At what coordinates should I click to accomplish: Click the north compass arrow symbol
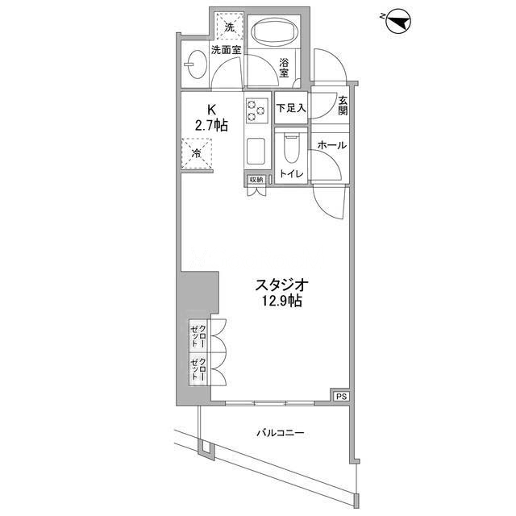coord(397,22)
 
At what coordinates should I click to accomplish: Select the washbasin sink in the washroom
coord(195,64)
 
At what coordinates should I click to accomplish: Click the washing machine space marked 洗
coord(229,27)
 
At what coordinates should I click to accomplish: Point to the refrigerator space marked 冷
coord(197,153)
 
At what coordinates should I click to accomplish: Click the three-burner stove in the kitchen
coord(256,110)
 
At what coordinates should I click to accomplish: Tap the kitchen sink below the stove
coord(256,151)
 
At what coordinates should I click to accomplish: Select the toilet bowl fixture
coord(291,148)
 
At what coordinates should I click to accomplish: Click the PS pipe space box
coord(341,397)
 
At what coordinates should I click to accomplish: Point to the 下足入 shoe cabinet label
coord(291,108)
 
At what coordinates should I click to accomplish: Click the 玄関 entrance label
coord(343,106)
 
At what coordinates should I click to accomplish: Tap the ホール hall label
coord(332,145)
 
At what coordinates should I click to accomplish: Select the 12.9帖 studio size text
coord(281,301)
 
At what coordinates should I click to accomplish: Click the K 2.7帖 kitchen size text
coord(211,118)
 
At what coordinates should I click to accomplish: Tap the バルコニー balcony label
coord(280,432)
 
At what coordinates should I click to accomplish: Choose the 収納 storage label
coord(256,180)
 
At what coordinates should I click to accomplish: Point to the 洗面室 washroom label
coord(226,50)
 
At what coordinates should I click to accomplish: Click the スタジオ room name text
coord(281,285)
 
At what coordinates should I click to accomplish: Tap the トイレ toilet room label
coord(291,174)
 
